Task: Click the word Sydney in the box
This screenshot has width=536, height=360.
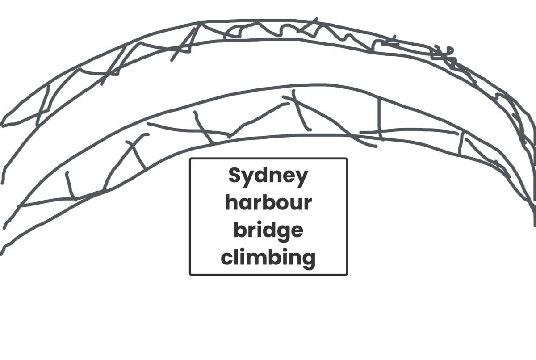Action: [x=268, y=177]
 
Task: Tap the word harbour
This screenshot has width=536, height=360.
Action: [x=268, y=204]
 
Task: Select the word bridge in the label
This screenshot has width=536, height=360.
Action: [x=268, y=231]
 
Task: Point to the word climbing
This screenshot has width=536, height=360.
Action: [x=268, y=258]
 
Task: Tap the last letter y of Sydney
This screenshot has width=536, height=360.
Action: [x=302, y=179]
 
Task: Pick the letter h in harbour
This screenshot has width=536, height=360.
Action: [x=230, y=203]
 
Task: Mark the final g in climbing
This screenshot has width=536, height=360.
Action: [x=309, y=260]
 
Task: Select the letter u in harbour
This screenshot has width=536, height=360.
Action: [x=295, y=205]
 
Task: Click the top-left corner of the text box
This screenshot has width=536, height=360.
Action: [x=191, y=159]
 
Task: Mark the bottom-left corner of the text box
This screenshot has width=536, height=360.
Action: [x=191, y=274]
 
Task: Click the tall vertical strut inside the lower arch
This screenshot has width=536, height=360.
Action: [x=380, y=118]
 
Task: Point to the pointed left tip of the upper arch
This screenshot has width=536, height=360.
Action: [x=3, y=125]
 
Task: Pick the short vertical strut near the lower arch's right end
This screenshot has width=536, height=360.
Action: [x=460, y=143]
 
